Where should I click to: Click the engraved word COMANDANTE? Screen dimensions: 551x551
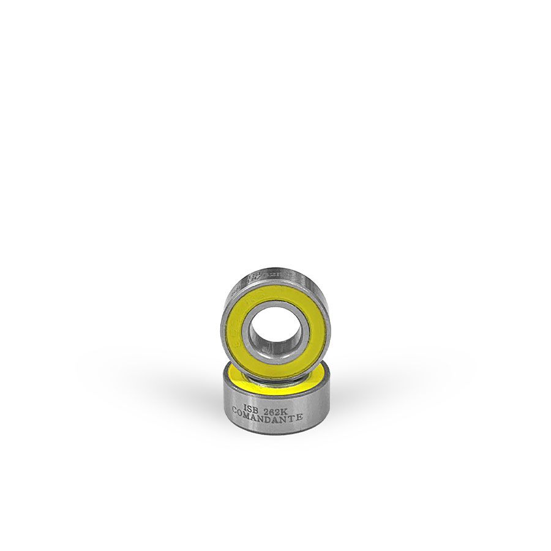[268, 416]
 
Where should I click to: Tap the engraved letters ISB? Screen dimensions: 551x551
[251, 407]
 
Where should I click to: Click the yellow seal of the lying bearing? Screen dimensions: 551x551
[236, 374]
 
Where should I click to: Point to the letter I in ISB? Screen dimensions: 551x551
[245, 407]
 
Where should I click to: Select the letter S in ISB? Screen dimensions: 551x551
[251, 407]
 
